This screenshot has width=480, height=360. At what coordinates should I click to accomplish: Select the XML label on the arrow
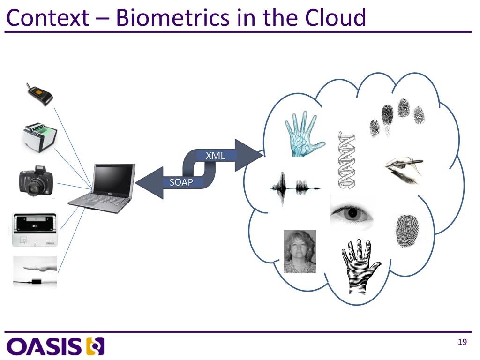216,155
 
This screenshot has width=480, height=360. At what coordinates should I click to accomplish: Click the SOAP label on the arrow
181,182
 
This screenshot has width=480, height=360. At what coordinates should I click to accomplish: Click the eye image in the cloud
352,214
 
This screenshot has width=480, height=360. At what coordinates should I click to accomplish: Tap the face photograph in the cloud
300,251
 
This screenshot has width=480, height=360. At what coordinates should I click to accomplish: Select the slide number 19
462,342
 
